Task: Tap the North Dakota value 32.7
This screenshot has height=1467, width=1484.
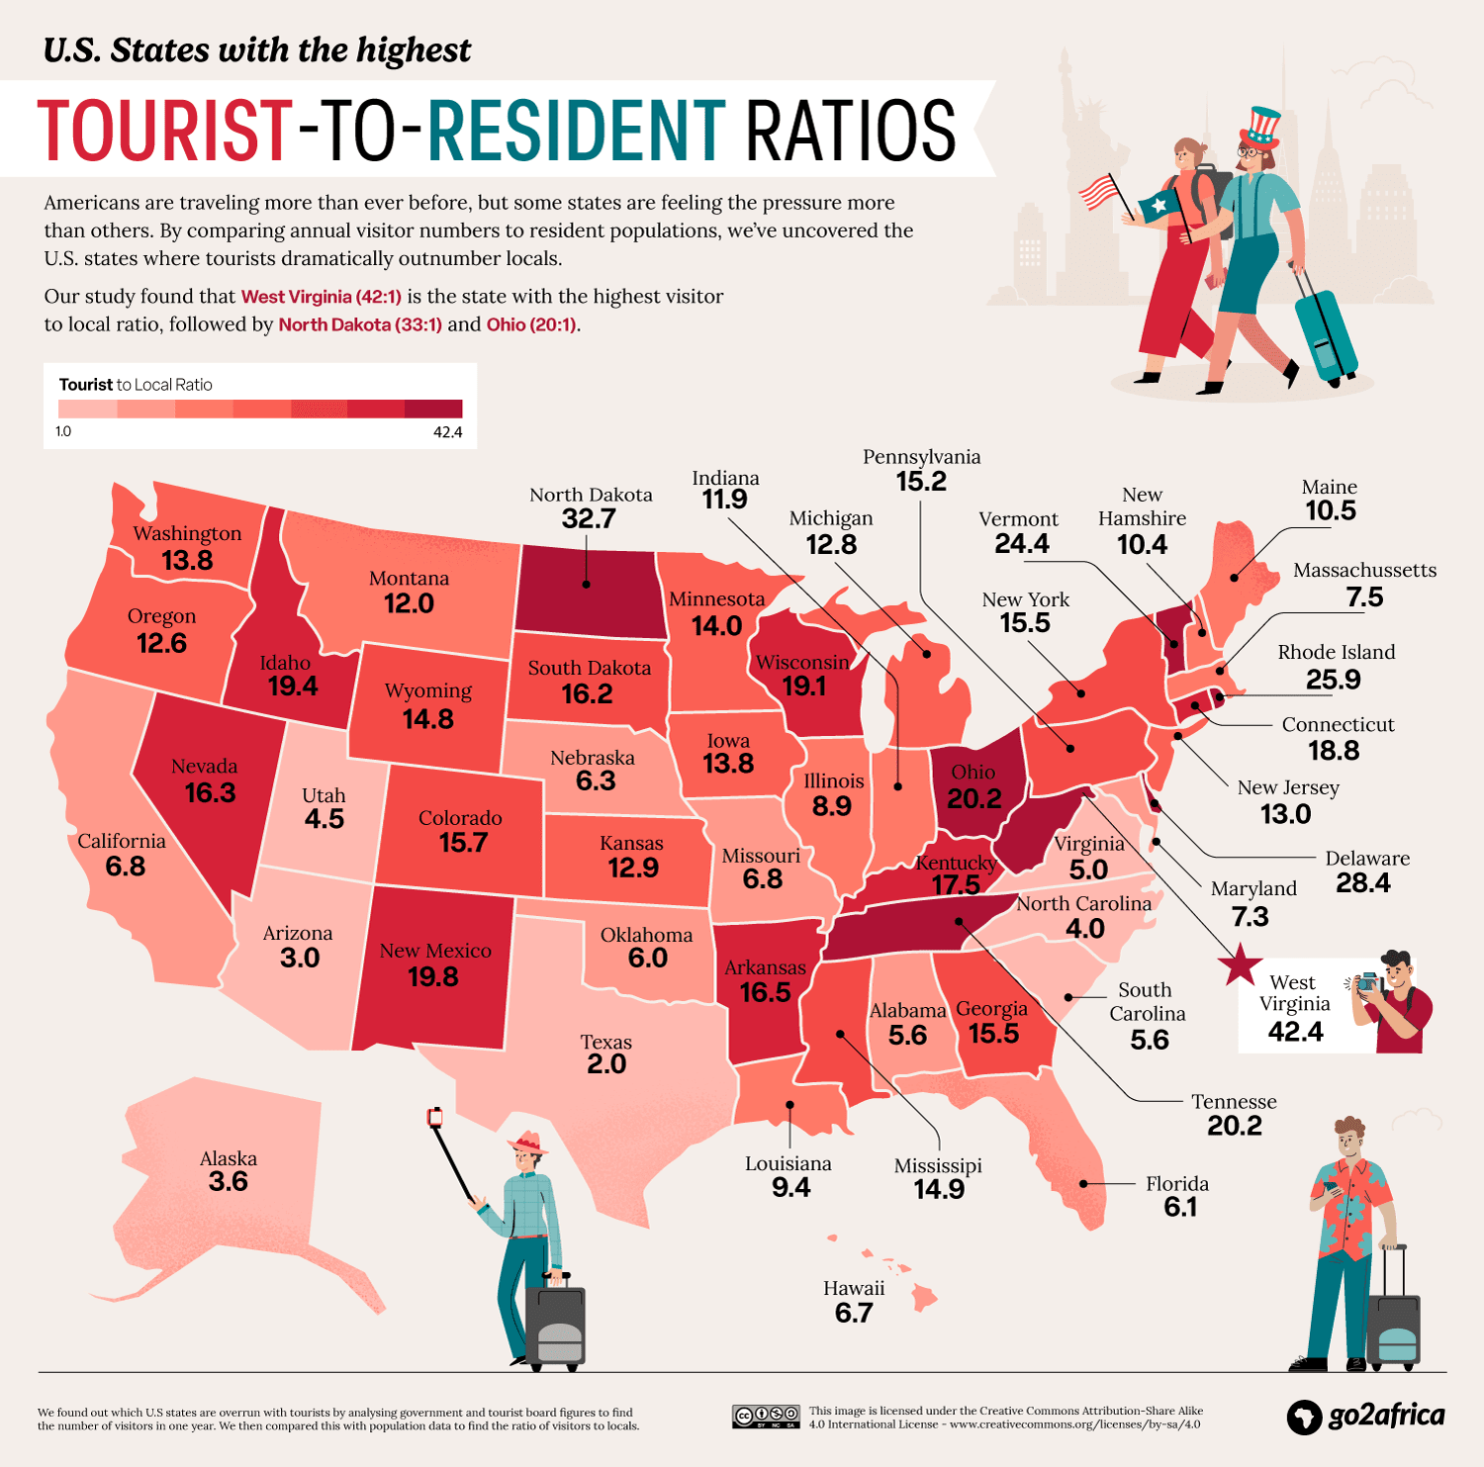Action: click(589, 518)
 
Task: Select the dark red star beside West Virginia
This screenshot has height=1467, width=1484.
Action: click(1240, 964)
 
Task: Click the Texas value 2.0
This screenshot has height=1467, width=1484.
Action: click(606, 1064)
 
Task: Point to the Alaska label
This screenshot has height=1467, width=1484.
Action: click(229, 1158)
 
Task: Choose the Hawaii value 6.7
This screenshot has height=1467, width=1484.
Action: click(854, 1314)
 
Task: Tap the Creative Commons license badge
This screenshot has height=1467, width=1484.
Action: click(766, 1417)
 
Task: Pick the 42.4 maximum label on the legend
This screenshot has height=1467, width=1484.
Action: click(447, 432)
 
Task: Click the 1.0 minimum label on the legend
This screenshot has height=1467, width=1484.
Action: click(63, 432)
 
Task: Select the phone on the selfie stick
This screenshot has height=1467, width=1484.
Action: click(434, 1118)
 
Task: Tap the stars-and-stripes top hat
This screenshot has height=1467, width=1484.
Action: click(1261, 126)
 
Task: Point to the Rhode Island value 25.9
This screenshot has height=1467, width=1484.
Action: click(1333, 681)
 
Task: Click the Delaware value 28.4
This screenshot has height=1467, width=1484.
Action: click(1362, 883)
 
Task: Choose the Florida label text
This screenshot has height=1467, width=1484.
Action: click(1177, 1184)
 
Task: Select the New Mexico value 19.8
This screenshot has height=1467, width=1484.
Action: click(433, 977)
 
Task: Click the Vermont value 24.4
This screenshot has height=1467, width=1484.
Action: click(1022, 544)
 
